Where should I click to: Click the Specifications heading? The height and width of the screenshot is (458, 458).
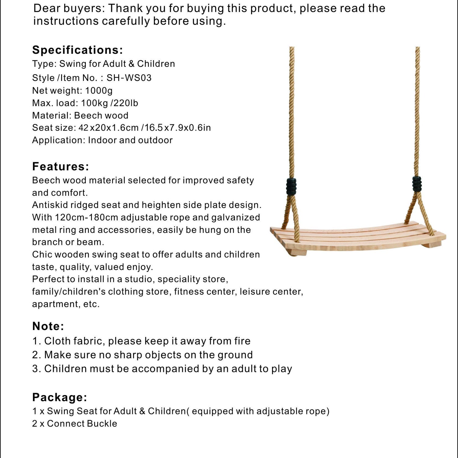tap(78, 50)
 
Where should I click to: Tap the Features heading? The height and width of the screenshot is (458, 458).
tap(60, 167)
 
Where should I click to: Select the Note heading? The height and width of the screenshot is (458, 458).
tap(48, 326)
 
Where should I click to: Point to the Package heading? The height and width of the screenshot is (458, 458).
tap(60, 398)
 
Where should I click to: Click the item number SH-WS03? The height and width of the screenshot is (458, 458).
tap(129, 78)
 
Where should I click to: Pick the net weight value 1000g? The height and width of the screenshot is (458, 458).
tap(99, 91)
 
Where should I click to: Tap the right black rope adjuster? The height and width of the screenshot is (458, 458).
tap(417, 183)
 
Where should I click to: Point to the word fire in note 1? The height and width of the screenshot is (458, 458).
tap(240, 341)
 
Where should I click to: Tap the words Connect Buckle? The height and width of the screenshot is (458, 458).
tap(82, 424)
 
